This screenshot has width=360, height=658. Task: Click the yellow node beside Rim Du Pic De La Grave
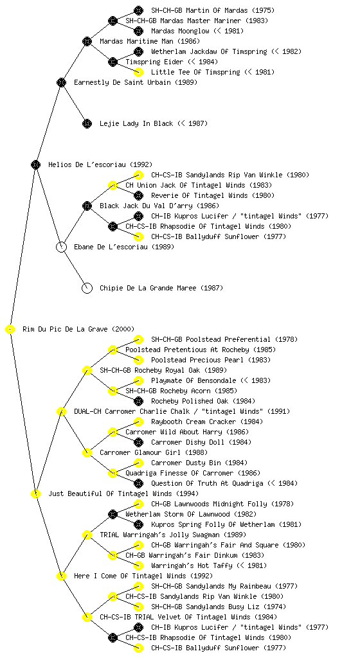pyautogui.click(x=10, y=330)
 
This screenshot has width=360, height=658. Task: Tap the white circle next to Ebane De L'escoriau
pyautogui.click(x=61, y=247)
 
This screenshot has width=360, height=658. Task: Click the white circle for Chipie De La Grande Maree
pyautogui.click(x=87, y=289)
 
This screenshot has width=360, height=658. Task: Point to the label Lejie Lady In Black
pyautogui.click(x=136, y=124)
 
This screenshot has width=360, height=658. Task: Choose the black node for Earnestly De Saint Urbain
pyautogui.click(x=61, y=83)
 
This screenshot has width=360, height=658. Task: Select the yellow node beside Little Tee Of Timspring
pyautogui.click(x=138, y=72)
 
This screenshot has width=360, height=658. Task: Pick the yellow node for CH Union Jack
pyautogui.click(x=113, y=186)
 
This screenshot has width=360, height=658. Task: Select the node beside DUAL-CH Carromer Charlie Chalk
pyautogui.click(x=61, y=412)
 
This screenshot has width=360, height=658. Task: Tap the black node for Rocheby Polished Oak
pyautogui.click(x=138, y=401)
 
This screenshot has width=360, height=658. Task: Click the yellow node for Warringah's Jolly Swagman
pyautogui.click(x=87, y=535)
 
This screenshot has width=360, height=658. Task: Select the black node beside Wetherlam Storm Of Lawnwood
pyautogui.click(x=113, y=515)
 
